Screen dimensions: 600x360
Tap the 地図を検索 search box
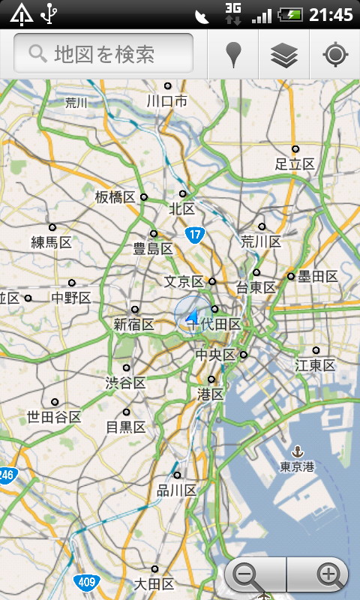coord(103,53)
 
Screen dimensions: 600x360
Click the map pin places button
coord(235,55)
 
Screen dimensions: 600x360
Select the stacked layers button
coord(284,55)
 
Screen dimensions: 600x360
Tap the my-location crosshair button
coord(334,55)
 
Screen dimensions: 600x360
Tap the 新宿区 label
coord(133,325)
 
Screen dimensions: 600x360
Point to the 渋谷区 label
coord(125,382)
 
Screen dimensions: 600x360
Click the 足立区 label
coord(295,163)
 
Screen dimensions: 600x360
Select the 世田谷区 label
coord(53,417)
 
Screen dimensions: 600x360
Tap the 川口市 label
coord(167,100)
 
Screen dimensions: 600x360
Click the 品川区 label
coord(176,490)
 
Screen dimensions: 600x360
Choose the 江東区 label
coord(315,365)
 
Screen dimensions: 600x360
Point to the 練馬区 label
coord(51,241)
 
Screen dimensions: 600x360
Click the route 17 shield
coord(195,235)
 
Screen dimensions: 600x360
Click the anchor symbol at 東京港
coord(297,451)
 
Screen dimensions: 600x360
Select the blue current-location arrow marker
coord(192,316)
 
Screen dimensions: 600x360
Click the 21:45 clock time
coord(331,14)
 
